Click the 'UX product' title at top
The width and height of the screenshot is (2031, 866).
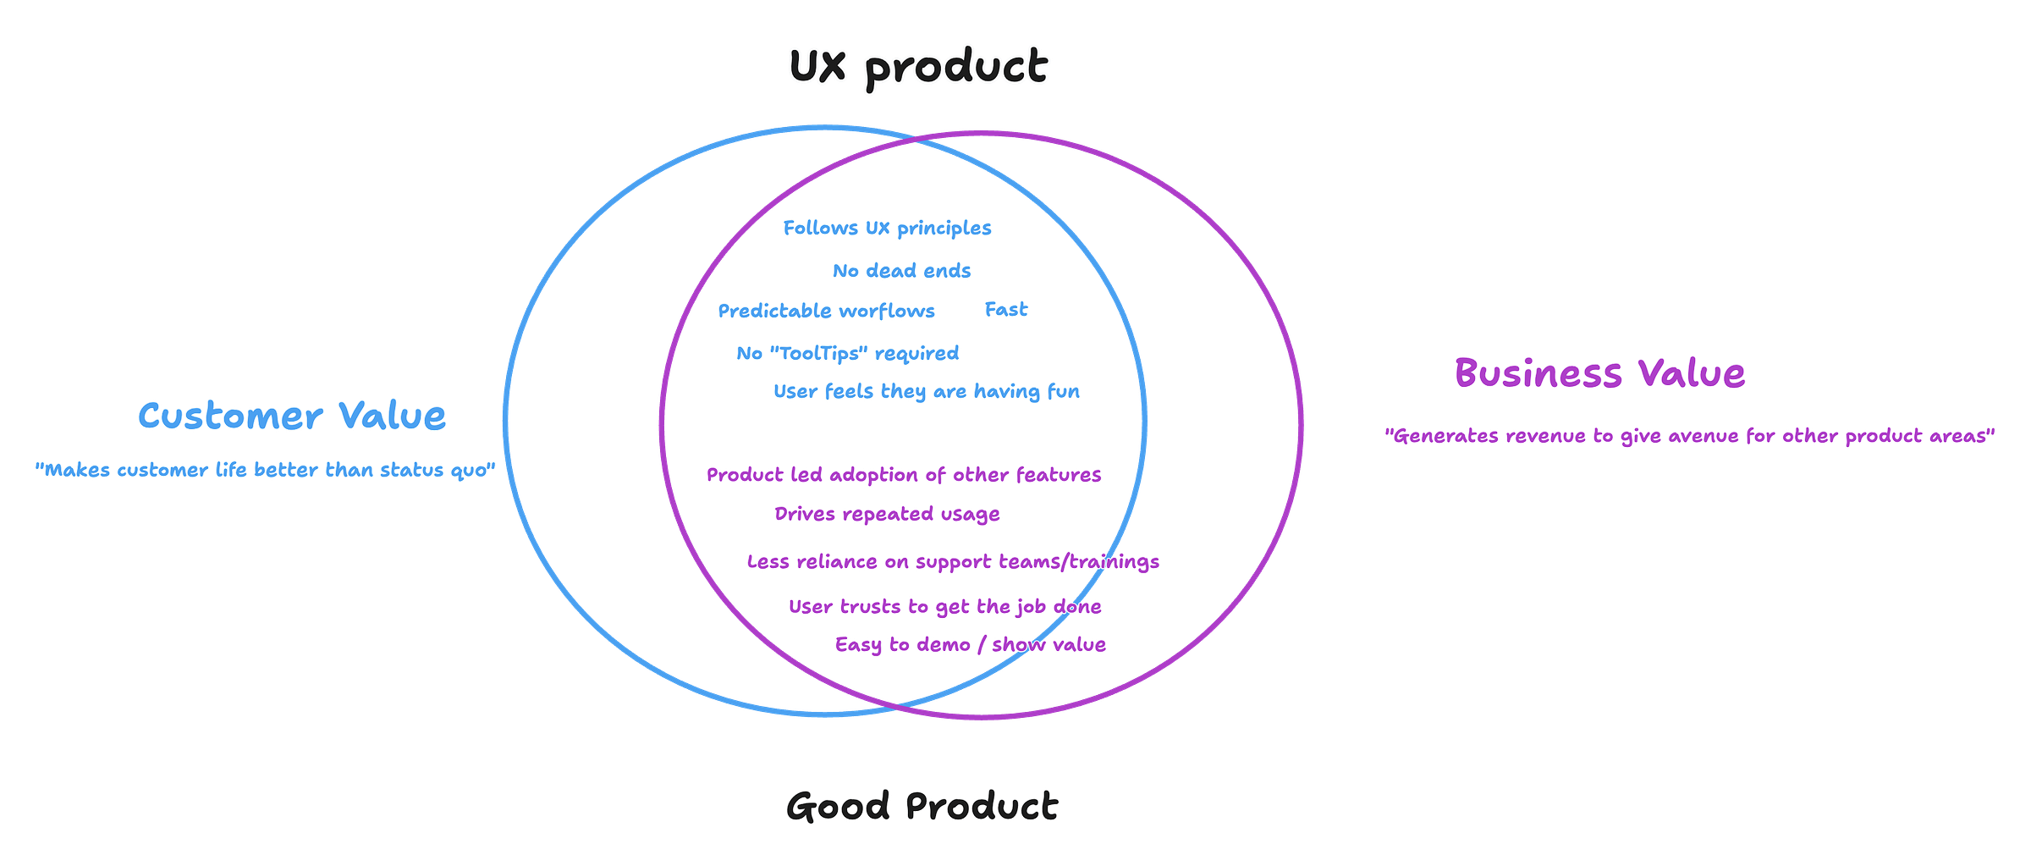click(919, 66)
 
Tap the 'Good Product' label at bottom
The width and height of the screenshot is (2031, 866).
click(922, 805)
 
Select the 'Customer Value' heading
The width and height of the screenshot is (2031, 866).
click(292, 416)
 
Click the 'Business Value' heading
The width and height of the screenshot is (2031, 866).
click(1599, 373)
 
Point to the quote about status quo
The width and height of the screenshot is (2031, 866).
click(265, 469)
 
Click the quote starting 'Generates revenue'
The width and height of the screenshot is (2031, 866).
click(1690, 436)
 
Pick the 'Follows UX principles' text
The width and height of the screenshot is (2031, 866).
click(887, 228)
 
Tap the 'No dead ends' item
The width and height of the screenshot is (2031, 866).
click(901, 270)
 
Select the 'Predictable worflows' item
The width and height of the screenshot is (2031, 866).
click(826, 311)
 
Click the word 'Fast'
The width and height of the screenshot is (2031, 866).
click(1006, 309)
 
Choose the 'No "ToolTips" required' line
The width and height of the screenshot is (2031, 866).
click(847, 352)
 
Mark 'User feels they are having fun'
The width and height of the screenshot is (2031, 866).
click(927, 391)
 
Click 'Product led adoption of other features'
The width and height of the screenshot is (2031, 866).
click(904, 475)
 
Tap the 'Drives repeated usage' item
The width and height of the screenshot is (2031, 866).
click(887, 514)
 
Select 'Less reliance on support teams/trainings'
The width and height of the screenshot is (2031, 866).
click(953, 561)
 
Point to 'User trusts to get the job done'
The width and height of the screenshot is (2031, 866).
click(944, 606)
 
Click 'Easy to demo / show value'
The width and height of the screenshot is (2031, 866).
click(971, 644)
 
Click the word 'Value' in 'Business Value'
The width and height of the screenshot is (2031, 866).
click(1690, 373)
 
